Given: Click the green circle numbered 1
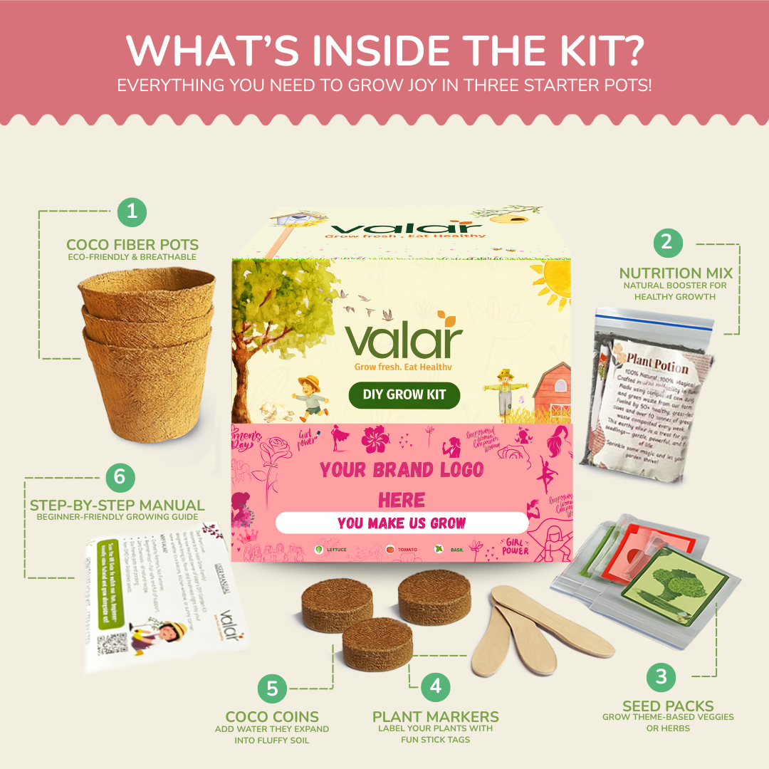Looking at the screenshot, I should tap(131, 211).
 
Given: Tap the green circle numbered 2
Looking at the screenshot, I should tap(666, 242).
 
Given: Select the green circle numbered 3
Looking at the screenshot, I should tap(661, 675).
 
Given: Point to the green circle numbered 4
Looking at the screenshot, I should tap(435, 686).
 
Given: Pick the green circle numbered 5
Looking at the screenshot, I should tap(272, 689).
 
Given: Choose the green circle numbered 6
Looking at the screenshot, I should tap(120, 476).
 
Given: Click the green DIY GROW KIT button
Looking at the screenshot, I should tap(404, 395).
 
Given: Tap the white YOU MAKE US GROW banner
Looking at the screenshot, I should tap(402, 523).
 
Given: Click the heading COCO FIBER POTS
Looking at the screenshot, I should tap(132, 246).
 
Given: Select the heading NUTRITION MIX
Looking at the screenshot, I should tap(675, 273).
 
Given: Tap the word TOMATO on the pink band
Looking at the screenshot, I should tap(407, 549).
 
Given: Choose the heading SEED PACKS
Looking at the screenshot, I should tap(668, 706).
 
